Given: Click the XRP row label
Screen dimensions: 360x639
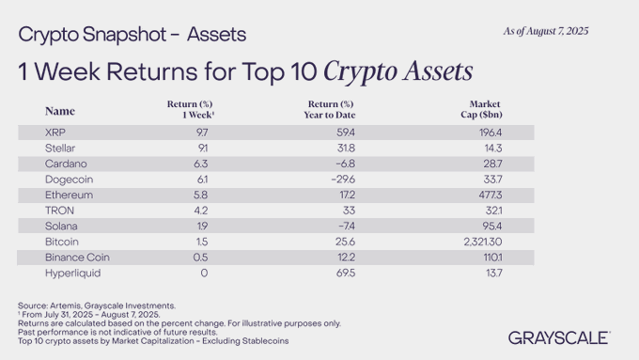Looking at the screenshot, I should (55, 133).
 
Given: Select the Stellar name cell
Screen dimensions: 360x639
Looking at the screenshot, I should (59, 148).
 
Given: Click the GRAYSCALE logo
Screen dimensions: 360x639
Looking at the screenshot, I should (559, 337).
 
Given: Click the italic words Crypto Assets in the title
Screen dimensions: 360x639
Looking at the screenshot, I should (397, 70).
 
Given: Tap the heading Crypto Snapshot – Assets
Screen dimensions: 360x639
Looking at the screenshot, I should (132, 35).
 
